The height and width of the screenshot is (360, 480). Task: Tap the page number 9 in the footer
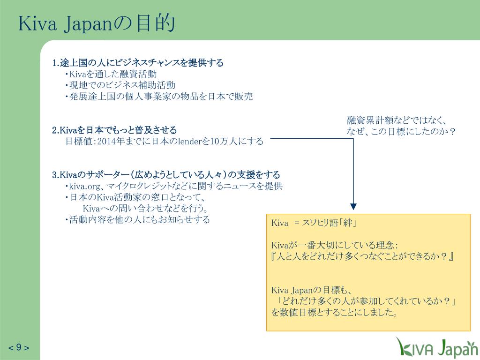(x=19, y=347)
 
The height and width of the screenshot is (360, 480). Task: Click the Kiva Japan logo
(x=435, y=347)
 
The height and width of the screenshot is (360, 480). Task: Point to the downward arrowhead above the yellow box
(x=353, y=207)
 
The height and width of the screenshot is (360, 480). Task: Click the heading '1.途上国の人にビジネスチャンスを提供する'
(x=138, y=63)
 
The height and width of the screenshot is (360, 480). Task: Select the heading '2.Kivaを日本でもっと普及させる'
(x=114, y=130)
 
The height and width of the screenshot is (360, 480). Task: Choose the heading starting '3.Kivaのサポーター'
(x=166, y=175)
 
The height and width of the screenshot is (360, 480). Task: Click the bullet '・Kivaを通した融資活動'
(x=111, y=74)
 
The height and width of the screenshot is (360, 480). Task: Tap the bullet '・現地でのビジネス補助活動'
(x=120, y=85)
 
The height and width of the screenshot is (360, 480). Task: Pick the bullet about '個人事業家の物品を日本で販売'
(x=159, y=97)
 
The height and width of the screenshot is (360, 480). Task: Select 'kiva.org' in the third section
(x=85, y=186)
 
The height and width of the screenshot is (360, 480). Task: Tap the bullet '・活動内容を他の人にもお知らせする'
(x=137, y=219)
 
